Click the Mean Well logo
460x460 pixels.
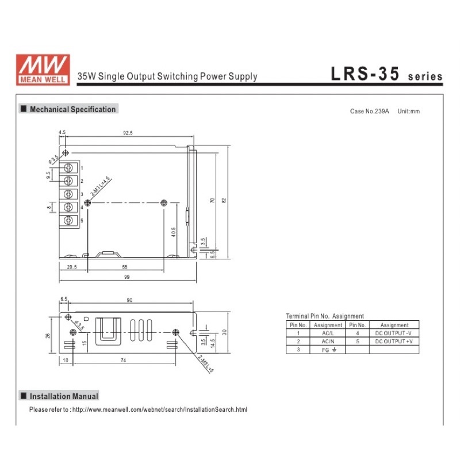[x=43, y=69]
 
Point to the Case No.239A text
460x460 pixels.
[x=369, y=111]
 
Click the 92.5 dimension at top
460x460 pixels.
[x=128, y=133]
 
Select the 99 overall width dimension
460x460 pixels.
[x=126, y=277]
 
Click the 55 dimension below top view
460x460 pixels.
[x=126, y=267]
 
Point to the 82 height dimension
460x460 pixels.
[x=224, y=200]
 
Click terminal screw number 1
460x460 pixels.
[x=69, y=168]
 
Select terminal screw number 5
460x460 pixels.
[x=69, y=220]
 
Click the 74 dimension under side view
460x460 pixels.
[x=123, y=360]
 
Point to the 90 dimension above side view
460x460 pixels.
[x=129, y=300]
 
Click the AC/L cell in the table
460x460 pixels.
[x=328, y=333]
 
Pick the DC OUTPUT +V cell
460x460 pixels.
[x=394, y=342]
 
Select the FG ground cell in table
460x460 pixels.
[x=328, y=350]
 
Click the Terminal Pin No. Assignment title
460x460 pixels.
[x=324, y=316]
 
